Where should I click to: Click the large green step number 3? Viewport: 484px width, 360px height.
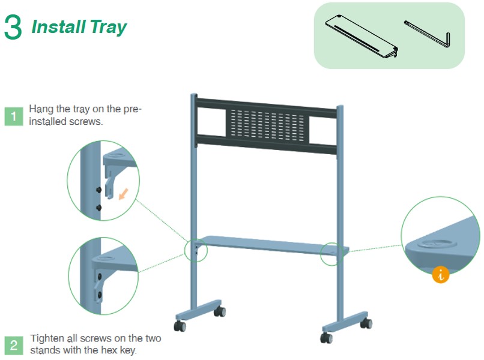point(13,27)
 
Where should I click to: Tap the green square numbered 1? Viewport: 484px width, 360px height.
point(14,116)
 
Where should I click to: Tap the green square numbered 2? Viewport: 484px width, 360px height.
point(14,345)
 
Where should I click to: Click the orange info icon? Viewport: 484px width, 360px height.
point(441,274)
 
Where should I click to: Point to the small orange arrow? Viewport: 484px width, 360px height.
point(124,194)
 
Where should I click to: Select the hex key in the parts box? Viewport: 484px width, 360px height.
point(428,34)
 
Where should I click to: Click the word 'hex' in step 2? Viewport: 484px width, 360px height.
point(112,350)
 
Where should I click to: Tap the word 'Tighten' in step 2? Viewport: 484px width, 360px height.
point(47,339)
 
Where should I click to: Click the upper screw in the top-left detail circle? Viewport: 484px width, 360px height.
point(98,190)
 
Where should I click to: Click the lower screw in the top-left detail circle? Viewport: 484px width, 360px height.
point(98,208)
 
